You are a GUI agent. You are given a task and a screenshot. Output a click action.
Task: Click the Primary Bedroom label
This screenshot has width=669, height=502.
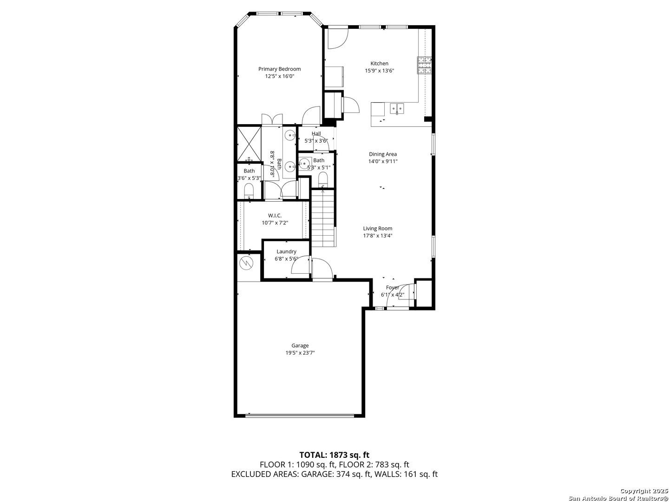(279, 69)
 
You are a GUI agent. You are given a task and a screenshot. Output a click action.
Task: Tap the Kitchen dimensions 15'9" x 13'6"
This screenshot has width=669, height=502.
(379, 71)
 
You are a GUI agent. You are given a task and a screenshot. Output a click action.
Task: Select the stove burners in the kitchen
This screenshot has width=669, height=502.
(424, 65)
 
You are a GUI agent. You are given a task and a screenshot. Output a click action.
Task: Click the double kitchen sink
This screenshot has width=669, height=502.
(397, 108)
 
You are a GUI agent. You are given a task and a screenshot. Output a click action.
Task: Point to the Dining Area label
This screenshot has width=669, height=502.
(382, 154)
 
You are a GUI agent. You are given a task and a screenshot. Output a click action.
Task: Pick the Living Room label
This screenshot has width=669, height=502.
(377, 228)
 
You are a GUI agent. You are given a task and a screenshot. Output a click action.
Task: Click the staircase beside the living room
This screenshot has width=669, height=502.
(323, 218)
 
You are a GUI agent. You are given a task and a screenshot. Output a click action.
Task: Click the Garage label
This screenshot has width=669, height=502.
(300, 346)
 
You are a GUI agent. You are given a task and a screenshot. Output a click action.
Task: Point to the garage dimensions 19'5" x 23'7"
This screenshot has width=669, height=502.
(300, 353)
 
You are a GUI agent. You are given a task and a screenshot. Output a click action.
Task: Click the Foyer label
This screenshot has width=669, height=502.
(392, 287)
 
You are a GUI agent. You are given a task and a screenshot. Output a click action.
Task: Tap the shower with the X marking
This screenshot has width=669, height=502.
(249, 144)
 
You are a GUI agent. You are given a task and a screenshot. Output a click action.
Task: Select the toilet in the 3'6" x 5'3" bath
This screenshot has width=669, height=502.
(249, 190)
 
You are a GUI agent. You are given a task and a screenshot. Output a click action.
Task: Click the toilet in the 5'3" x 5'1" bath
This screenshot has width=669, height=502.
(322, 179)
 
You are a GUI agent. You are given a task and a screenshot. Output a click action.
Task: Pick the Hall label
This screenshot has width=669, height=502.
(316, 133)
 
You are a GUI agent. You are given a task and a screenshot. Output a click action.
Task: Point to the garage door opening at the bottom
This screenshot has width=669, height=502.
(300, 415)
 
